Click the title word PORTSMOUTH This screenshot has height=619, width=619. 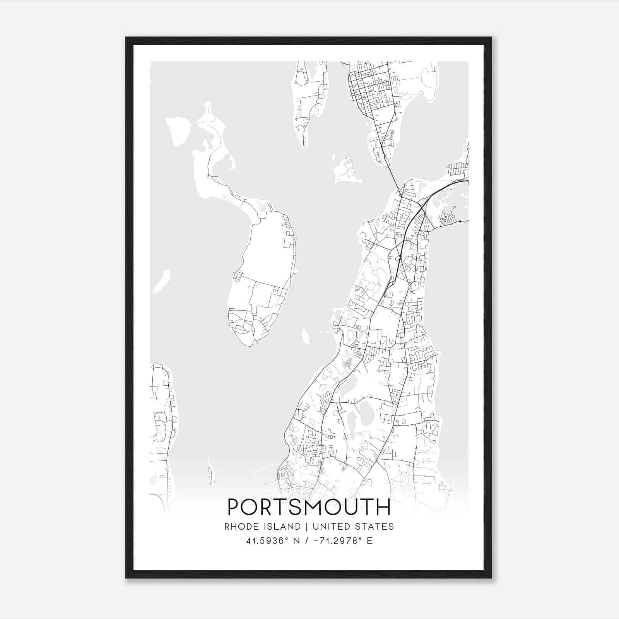(x=309, y=507)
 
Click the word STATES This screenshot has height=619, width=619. (x=373, y=527)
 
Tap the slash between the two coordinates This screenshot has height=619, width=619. (x=307, y=541)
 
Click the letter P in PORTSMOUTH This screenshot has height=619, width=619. (x=233, y=507)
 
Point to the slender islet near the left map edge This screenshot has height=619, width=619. (x=162, y=281)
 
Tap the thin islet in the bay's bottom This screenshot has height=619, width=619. (x=211, y=472)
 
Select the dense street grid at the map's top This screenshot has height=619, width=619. (x=369, y=87)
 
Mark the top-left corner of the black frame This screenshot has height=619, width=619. (x=126, y=38)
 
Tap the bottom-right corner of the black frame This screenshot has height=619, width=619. (x=491, y=578)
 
